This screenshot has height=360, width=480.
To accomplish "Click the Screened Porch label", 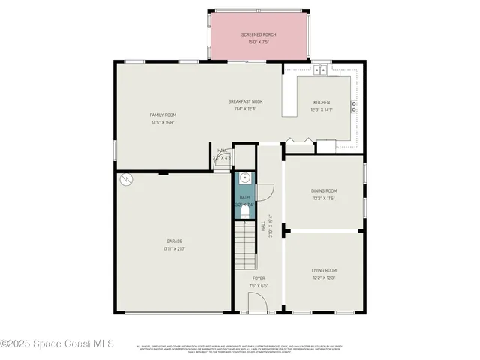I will pos(257,35).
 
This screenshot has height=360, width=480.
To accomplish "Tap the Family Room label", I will pos(162,115).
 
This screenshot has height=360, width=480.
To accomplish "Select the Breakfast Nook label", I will pos(245,101).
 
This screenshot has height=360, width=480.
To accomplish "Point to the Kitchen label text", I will pos(321,102).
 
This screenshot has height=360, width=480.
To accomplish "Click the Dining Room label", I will pos(324,190).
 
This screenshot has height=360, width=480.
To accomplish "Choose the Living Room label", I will pos(324,270).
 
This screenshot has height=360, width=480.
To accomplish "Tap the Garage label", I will pos(174,241).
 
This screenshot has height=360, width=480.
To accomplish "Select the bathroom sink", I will pos(244,179).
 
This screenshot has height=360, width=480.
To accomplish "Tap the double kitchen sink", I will pos(321,70).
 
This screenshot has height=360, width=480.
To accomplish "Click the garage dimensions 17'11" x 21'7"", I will pos(174,248).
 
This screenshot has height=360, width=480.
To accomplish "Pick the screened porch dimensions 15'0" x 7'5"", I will pos(257,42).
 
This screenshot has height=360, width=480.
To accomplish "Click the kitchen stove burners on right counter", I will pos(354,106).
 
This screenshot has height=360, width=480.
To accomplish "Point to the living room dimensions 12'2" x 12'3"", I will pos(324,277).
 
